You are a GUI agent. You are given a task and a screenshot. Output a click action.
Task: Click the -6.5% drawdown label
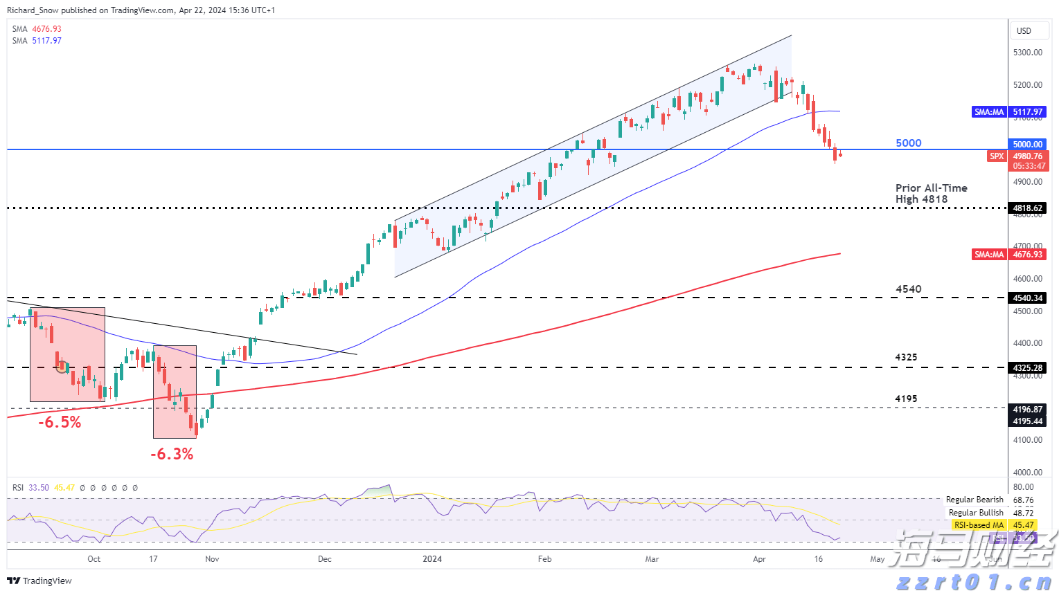coord(60,422)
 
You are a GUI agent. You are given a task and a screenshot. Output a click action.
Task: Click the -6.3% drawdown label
coord(172,454)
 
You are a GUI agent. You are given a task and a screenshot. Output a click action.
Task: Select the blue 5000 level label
coord(908,143)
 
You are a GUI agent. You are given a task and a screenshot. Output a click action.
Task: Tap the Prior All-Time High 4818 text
coord(930,194)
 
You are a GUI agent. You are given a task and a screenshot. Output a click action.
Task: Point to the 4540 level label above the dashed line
coord(908,289)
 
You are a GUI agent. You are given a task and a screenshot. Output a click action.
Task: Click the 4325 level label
coord(906,357)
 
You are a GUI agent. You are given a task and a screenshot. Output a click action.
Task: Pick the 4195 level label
coord(906,399)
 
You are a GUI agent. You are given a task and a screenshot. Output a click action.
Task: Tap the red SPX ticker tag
coord(996,156)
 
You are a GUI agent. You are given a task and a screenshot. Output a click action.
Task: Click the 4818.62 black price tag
coord(1027,208)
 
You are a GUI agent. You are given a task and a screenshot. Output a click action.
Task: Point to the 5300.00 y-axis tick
coord(1027,53)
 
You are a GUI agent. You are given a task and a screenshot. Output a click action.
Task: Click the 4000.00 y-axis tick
coord(1027,473)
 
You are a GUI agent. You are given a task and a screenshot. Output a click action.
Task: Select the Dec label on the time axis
coord(324,559)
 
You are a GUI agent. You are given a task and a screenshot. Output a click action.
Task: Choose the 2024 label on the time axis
coord(432,559)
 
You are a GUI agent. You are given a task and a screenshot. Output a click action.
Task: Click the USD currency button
coord(1024,31)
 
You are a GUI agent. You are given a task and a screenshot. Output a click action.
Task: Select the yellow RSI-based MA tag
coord(978,525)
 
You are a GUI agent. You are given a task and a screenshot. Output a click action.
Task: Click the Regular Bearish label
coord(975,500)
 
